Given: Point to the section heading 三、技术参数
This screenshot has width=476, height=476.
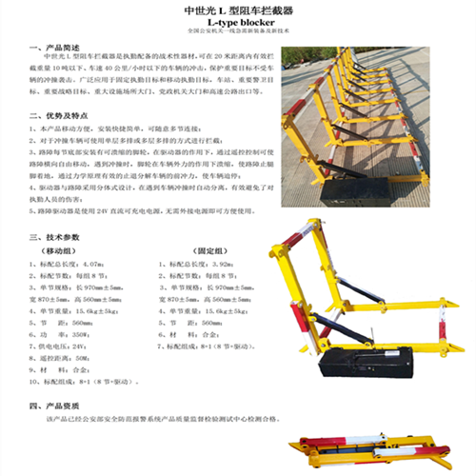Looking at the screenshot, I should (58, 234).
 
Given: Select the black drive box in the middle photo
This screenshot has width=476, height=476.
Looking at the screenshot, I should (366, 362).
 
